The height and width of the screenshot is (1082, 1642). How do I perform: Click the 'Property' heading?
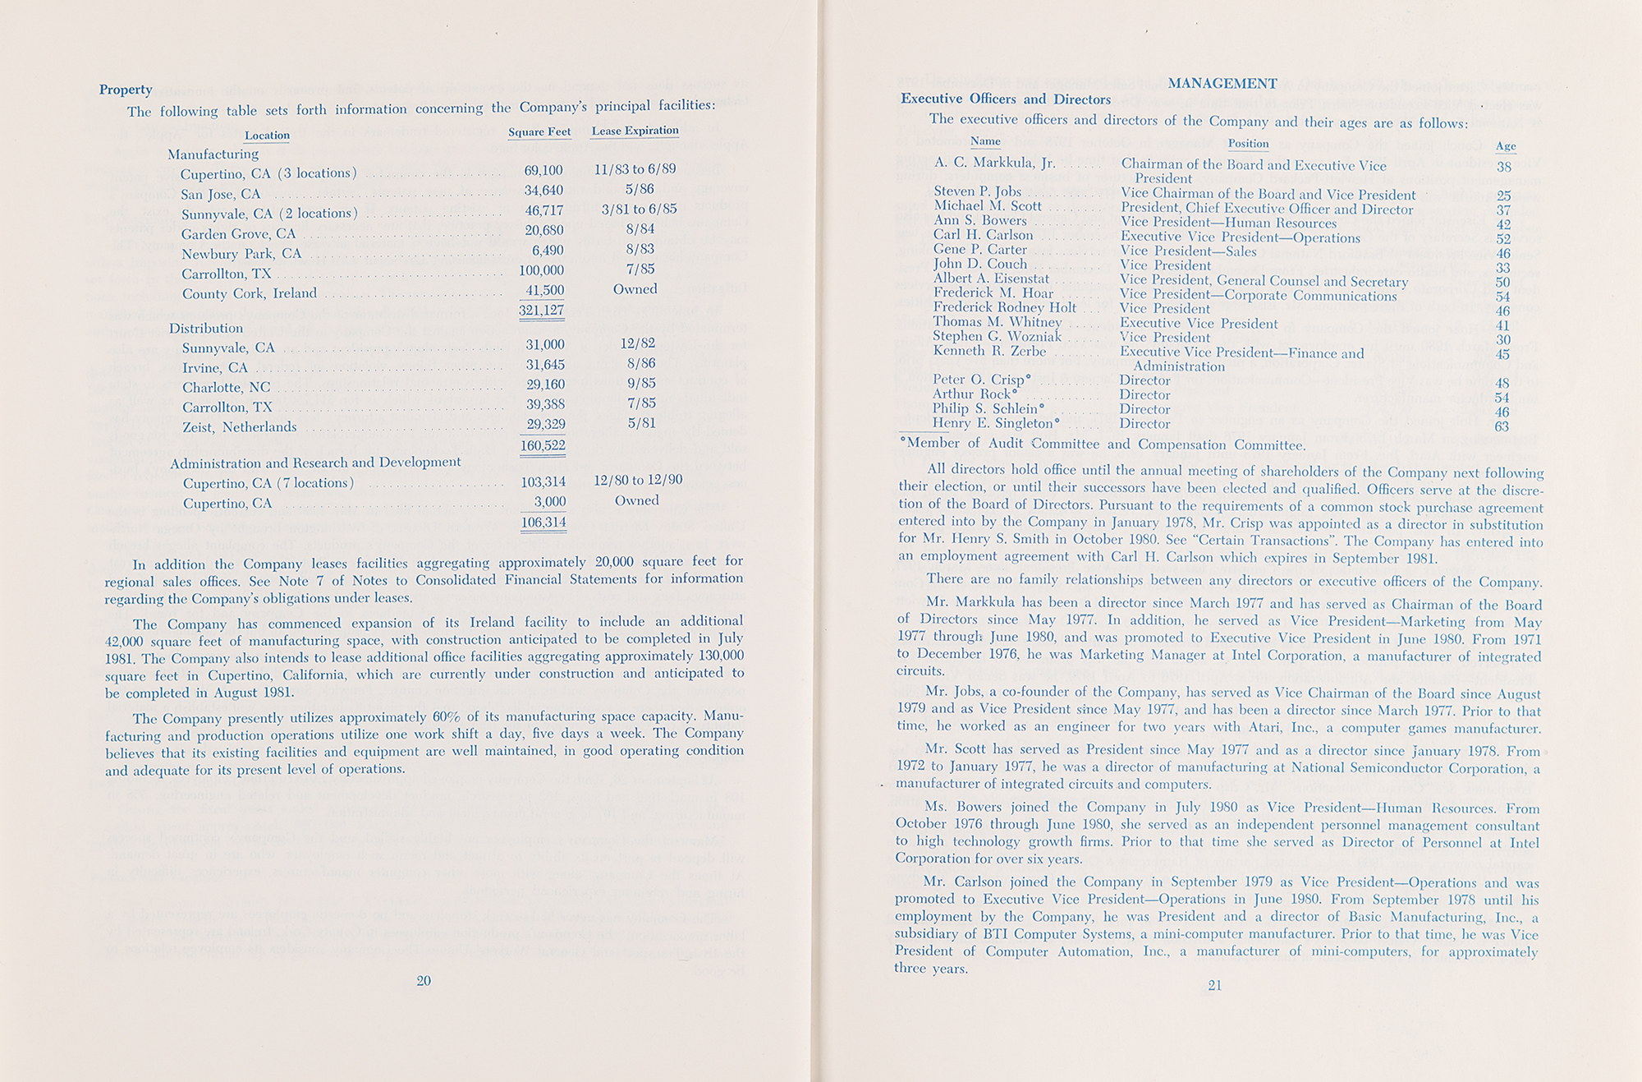[126, 90]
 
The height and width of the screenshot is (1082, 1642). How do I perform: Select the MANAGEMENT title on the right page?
[1222, 83]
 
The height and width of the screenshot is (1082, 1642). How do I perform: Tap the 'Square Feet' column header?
[539, 131]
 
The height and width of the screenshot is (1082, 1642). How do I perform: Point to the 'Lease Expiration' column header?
[635, 131]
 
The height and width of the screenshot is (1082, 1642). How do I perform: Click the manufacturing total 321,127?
[541, 310]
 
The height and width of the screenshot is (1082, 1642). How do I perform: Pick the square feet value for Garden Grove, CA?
[544, 230]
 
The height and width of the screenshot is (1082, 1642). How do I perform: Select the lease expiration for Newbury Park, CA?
[640, 249]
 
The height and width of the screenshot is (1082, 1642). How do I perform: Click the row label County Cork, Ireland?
[249, 293]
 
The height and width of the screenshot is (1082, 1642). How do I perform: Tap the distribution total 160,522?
[543, 445]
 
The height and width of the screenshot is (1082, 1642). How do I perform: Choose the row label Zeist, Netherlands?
[239, 427]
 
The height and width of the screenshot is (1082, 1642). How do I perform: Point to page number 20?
[424, 980]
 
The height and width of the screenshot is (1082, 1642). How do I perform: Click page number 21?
[1215, 985]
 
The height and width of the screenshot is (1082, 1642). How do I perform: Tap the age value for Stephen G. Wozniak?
[1502, 339]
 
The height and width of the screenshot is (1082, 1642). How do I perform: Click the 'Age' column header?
[1506, 146]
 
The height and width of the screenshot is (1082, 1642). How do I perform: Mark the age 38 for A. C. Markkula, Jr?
[1504, 167]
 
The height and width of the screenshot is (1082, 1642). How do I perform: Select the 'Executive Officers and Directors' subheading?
[1006, 99]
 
